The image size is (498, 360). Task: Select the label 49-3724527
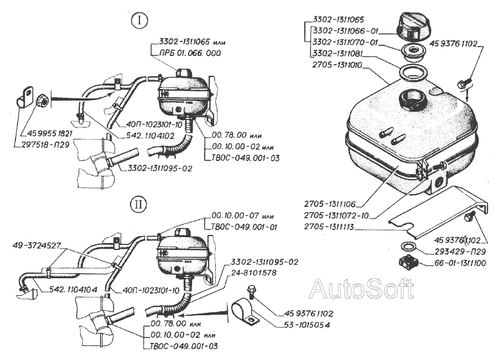coord(38,242)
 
